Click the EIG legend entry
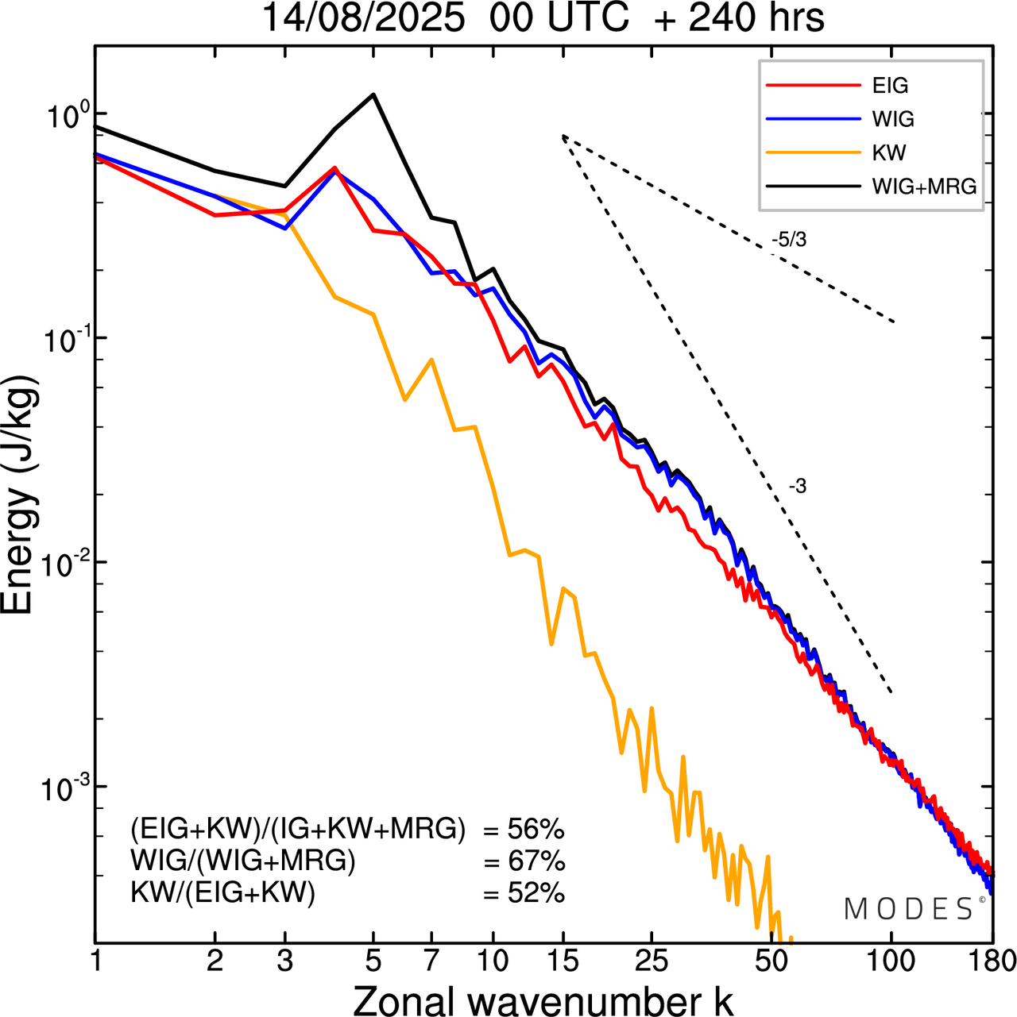[x=890, y=86]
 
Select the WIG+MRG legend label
[x=924, y=187]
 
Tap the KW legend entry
[x=889, y=152]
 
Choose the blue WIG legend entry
[x=893, y=119]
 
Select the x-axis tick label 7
[x=431, y=961]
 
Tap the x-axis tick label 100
[x=891, y=961]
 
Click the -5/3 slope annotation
[x=788, y=240]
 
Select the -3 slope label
[x=798, y=487]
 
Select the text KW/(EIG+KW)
[x=223, y=893]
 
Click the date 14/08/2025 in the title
[x=362, y=19]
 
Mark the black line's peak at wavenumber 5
[x=373, y=94]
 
